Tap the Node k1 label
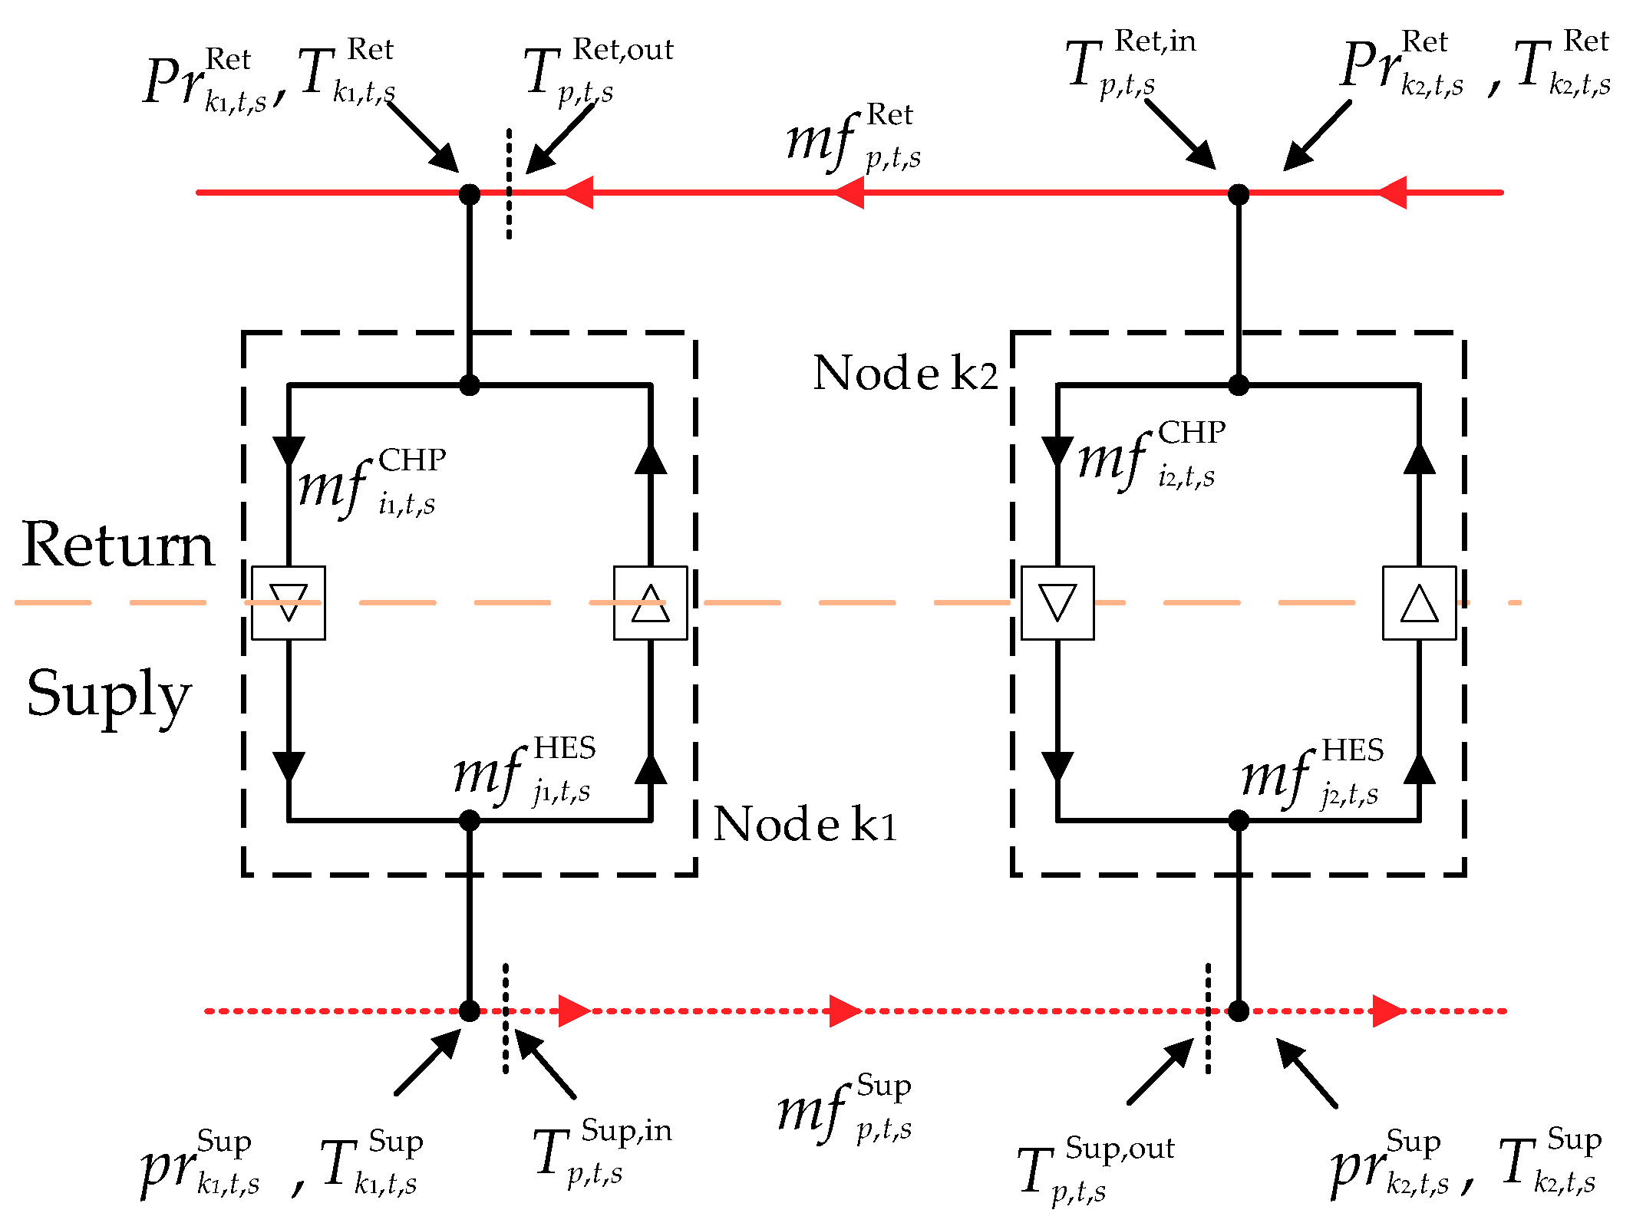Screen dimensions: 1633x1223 [805, 823]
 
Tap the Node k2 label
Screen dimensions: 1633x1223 [906, 373]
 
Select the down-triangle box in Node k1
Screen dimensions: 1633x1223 [289, 603]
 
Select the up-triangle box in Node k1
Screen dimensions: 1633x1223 [651, 603]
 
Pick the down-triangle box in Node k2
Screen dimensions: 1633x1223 [1057, 603]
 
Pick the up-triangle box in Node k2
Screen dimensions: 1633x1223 [1420, 603]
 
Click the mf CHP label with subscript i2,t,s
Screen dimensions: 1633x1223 [1152, 456]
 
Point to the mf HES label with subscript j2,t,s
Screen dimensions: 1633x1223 [1313, 773]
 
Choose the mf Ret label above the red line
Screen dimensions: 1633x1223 [854, 138]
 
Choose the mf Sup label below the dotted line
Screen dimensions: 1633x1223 [844, 1108]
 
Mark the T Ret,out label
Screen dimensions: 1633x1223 [599, 72]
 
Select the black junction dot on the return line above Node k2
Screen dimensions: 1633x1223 [1239, 194]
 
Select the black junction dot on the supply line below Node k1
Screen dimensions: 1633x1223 [470, 1011]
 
